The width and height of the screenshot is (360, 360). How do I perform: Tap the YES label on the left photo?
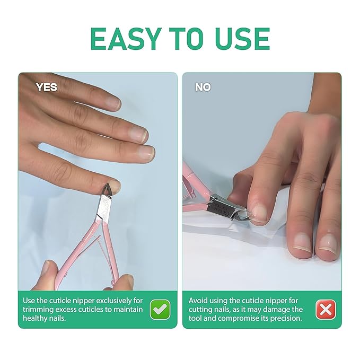point(46,87)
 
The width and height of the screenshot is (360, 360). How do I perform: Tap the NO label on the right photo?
point(203,87)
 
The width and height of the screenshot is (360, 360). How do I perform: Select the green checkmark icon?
point(160,309)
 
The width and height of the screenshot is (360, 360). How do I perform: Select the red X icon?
point(326,309)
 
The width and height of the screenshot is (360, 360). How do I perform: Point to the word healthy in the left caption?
point(37,318)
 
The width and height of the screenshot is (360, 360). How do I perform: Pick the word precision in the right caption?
point(286,318)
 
